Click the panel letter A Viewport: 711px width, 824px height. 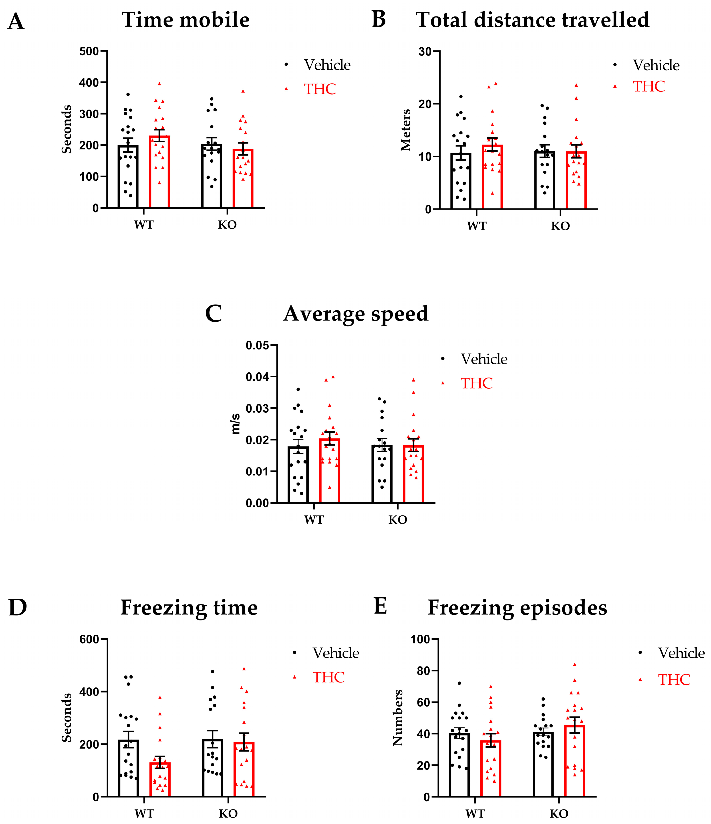tap(16, 22)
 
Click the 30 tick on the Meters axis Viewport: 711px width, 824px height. tap(425, 52)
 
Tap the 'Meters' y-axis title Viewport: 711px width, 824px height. tap(406, 130)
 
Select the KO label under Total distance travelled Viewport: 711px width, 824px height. tap(560, 226)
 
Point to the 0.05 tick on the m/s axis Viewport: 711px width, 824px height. tap(257, 345)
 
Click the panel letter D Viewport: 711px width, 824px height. tap(18, 608)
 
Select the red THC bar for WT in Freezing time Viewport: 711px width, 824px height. tap(160, 780)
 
